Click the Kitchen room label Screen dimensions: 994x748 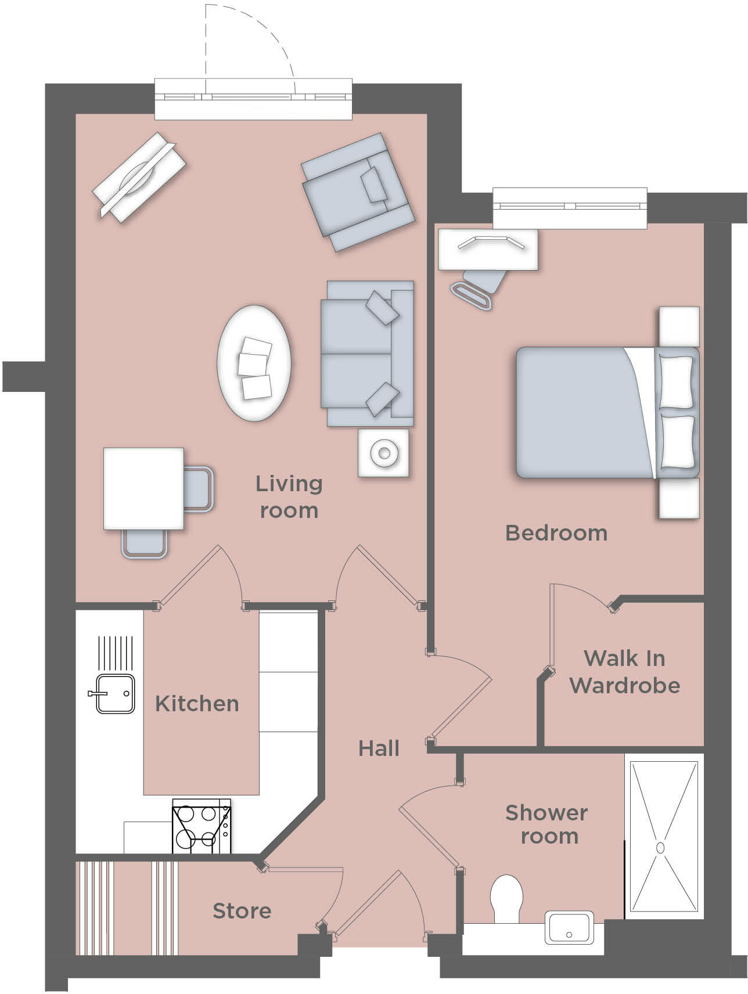(197, 704)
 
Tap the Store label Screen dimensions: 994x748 (242, 910)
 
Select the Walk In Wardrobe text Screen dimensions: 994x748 (624, 672)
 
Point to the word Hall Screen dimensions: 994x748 (379, 748)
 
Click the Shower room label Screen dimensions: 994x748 (546, 824)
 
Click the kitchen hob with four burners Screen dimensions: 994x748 (201, 827)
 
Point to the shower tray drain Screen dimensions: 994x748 (660, 848)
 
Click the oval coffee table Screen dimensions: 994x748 (254, 363)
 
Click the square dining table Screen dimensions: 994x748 (143, 488)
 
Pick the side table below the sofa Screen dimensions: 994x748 (383, 453)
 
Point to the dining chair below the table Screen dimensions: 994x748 (145, 545)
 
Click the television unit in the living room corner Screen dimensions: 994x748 (139, 177)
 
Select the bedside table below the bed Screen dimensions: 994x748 (679, 498)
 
